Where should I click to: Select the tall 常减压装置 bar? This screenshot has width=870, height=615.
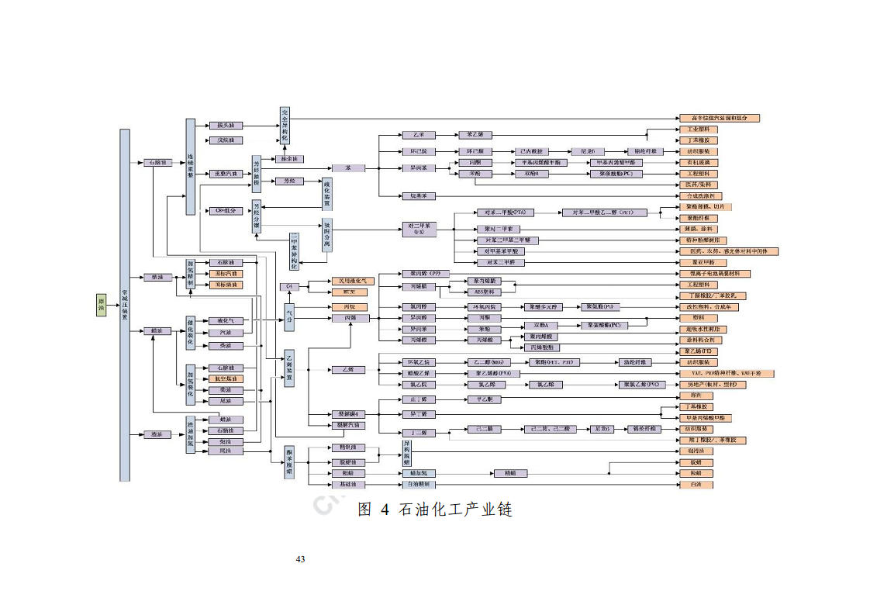pos(124,305)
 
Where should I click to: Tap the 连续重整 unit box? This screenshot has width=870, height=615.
pos(189,166)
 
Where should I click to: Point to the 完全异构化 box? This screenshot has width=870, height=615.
pos(285,126)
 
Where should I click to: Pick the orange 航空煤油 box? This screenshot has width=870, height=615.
pos(226,378)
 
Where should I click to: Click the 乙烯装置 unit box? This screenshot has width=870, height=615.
pos(289,368)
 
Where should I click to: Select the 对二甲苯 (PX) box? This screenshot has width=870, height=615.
pos(419,229)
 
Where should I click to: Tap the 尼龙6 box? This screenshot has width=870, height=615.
pos(587,151)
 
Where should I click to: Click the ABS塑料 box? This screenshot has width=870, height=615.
pos(483,292)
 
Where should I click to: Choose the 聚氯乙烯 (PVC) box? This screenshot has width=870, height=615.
pos(643,385)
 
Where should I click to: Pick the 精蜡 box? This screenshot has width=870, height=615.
pos(509,473)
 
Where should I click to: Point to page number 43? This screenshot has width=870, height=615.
pos(300,559)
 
